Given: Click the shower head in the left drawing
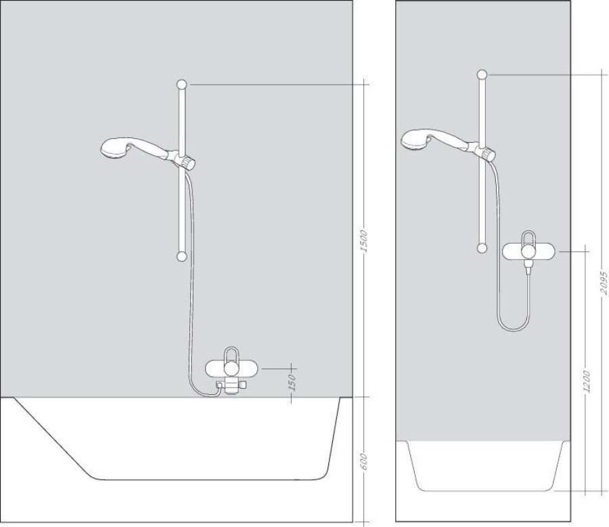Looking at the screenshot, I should (112, 148).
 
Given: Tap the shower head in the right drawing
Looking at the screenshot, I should (414, 140).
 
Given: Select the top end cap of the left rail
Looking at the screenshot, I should (181, 84).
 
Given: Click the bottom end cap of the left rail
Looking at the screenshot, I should (181, 256).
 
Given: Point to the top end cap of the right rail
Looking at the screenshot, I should (482, 74).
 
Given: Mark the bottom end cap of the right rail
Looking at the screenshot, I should (482, 248).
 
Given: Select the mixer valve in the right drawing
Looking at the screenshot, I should (529, 251).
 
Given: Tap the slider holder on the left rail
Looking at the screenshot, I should (185, 161).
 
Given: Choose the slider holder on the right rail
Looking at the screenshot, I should (485, 151).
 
